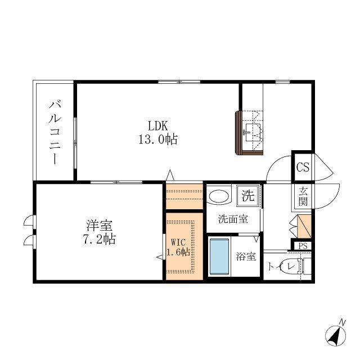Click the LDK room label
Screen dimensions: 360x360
pos(158,126)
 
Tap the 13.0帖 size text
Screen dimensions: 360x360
pos(158,139)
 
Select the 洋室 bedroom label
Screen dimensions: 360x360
pos(100,225)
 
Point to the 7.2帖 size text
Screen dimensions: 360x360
pos(99,239)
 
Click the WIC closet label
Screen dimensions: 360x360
pos(179,242)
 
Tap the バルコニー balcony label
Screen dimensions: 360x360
pos(55,132)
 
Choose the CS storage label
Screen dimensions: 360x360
pos(303,167)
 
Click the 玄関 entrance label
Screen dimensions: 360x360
pos(303,196)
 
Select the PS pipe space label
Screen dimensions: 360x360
pos(303,246)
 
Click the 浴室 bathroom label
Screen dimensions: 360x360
pos(246,256)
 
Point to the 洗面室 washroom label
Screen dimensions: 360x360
pos(233,219)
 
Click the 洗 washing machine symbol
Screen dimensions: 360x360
pos(248,196)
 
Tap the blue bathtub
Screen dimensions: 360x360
pos(219,256)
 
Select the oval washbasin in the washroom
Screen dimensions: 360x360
pos(219,196)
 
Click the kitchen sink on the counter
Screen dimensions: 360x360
pos(253,133)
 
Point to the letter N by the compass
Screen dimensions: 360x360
pos(343,322)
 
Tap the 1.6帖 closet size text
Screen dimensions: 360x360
pos(178,252)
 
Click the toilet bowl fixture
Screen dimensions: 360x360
pos(293,266)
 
